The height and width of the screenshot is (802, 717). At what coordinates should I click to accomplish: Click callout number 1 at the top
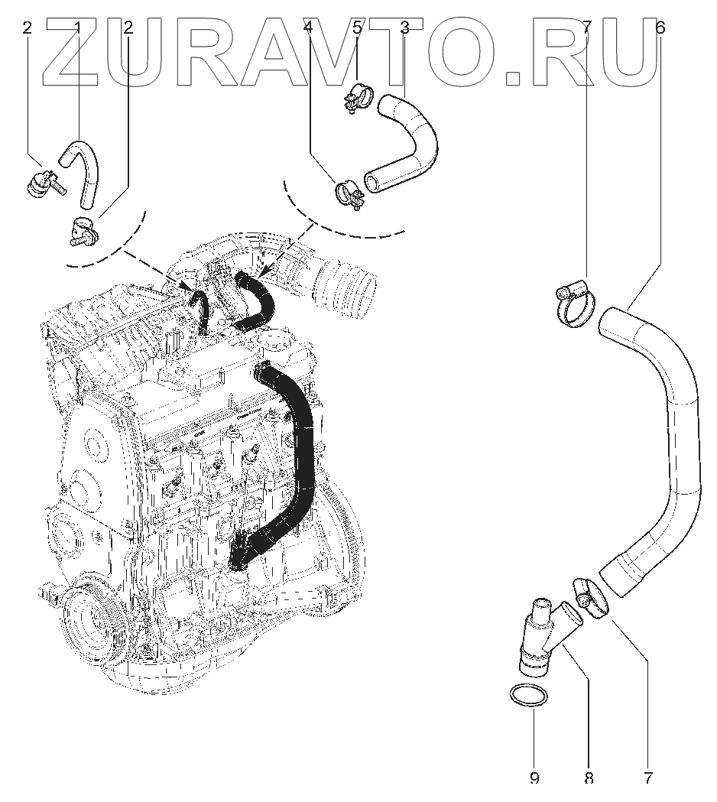(x=78, y=28)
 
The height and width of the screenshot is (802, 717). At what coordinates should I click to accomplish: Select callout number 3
(x=404, y=28)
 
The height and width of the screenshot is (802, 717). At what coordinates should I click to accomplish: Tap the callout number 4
(x=308, y=28)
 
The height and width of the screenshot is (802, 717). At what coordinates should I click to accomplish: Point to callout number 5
(x=357, y=28)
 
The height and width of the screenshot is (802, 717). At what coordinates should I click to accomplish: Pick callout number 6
(x=660, y=28)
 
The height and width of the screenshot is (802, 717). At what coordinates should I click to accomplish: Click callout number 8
(x=589, y=778)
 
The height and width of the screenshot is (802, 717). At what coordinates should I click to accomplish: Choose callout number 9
(x=534, y=778)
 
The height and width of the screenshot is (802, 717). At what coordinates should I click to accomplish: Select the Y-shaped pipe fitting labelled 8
(x=545, y=639)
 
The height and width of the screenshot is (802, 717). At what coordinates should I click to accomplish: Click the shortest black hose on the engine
(x=201, y=309)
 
